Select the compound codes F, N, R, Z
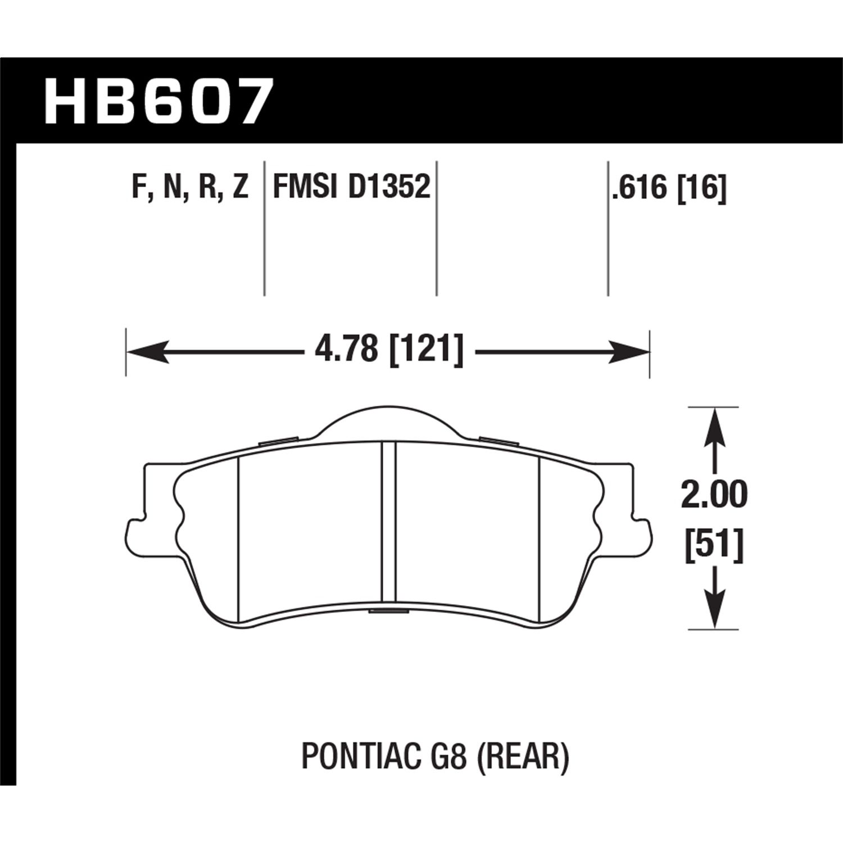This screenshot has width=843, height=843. pyautogui.click(x=190, y=187)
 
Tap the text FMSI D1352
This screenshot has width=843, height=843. pyautogui.click(x=351, y=187)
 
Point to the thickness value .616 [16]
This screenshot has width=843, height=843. pyautogui.click(x=669, y=187)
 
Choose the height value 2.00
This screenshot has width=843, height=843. pyautogui.click(x=714, y=495)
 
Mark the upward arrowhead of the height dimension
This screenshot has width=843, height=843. pyautogui.click(x=714, y=424)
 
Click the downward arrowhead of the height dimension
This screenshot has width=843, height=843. pyautogui.click(x=714, y=613)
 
